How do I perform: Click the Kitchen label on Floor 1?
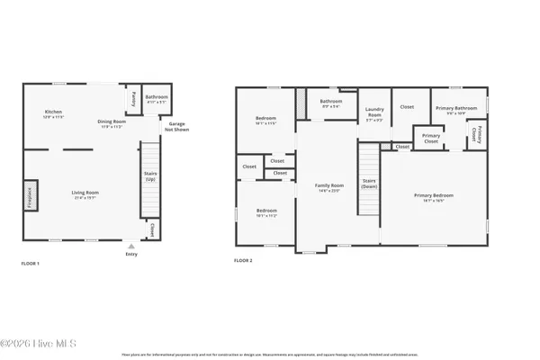(53, 113)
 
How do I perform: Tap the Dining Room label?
(110, 123)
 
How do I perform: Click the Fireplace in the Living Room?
(31, 195)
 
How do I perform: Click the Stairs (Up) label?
(150, 176)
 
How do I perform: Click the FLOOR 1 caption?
(31, 264)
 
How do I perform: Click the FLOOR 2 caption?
(243, 260)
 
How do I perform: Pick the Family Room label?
(329, 188)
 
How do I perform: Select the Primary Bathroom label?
(450, 111)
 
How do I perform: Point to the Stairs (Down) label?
(369, 184)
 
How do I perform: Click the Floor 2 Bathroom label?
(331, 103)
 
